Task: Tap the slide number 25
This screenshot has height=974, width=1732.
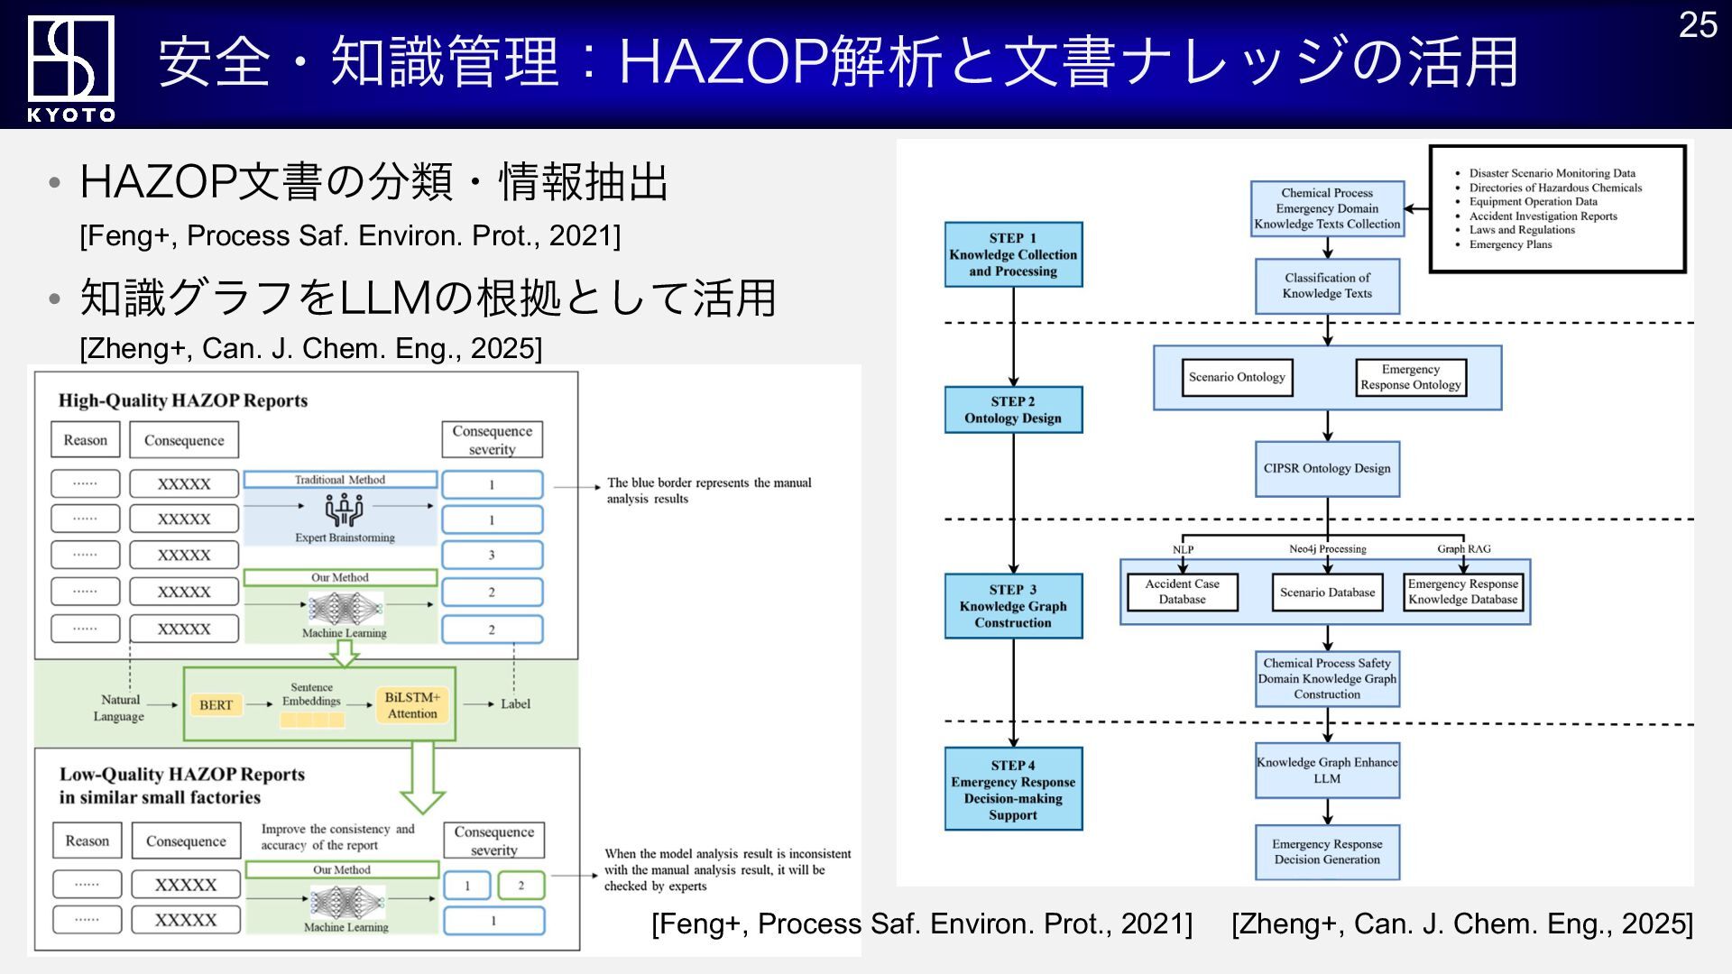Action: pyautogui.click(x=1698, y=25)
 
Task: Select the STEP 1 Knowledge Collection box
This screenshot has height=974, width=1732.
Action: pyautogui.click(x=1013, y=254)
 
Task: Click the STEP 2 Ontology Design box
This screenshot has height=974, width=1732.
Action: pyautogui.click(x=1013, y=409)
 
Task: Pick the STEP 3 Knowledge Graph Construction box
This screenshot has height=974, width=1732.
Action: pyautogui.click(x=1013, y=606)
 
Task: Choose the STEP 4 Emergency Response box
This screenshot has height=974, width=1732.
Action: pyautogui.click(x=1013, y=789)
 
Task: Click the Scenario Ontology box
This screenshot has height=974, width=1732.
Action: pyautogui.click(x=1237, y=377)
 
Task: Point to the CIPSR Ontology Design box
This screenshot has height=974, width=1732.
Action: pyautogui.click(x=1327, y=469)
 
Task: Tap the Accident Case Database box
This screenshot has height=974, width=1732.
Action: pyautogui.click(x=1182, y=592)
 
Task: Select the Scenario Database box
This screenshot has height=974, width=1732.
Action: pyautogui.click(x=1327, y=593)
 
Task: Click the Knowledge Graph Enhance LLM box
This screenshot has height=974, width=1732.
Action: pyautogui.click(x=1327, y=770)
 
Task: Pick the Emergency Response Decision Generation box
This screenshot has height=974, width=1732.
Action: pyautogui.click(x=1327, y=851)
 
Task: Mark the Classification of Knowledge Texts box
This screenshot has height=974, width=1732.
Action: pyautogui.click(x=1327, y=286)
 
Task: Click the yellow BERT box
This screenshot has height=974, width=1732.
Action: pyautogui.click(x=216, y=704)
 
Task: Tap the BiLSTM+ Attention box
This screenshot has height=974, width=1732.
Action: pyautogui.click(x=412, y=705)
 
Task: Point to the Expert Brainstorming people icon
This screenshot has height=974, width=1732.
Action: pyautogui.click(x=344, y=510)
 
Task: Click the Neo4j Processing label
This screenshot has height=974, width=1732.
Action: pyautogui.click(x=1327, y=548)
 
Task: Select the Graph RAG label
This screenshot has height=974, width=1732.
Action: pyautogui.click(x=1463, y=548)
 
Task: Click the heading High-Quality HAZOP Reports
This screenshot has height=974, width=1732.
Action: pyautogui.click(x=183, y=400)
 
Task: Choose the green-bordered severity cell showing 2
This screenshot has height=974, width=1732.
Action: pyautogui.click(x=521, y=886)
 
